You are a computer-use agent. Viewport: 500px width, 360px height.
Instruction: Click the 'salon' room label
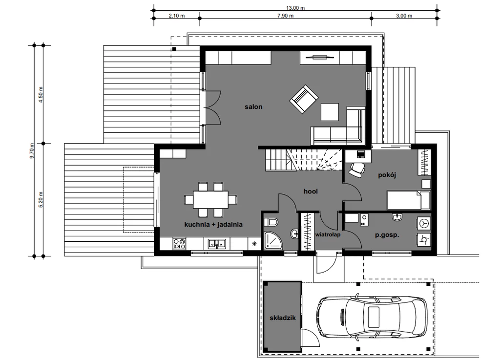tap(253, 107)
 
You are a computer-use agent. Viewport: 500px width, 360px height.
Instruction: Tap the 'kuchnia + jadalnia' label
tap(213, 225)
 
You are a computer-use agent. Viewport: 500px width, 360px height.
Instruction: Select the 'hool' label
tap(311, 191)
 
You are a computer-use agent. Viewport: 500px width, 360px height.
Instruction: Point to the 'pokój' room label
tap(387, 175)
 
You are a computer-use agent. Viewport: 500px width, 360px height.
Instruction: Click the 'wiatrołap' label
tap(328, 234)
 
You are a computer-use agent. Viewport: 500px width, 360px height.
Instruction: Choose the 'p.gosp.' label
tap(387, 235)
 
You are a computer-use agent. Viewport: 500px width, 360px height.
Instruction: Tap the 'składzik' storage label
tap(283, 318)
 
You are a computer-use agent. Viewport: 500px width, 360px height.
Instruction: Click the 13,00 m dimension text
tap(295, 8)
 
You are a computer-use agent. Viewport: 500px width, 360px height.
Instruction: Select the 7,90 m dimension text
tap(285, 16)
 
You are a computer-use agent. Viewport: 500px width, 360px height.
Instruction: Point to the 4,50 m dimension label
tap(41, 94)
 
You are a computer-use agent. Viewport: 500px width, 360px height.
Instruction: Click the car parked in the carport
tap(372, 317)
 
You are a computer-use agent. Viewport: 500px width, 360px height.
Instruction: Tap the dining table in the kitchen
tap(211, 200)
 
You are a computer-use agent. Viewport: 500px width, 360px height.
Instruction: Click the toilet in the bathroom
tap(271, 222)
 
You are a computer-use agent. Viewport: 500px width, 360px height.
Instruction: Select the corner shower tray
tap(273, 240)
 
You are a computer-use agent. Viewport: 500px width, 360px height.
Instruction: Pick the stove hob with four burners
tap(179, 244)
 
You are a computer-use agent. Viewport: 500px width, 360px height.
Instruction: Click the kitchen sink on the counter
tap(217, 244)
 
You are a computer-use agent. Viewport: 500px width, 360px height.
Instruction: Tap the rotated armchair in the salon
tap(304, 99)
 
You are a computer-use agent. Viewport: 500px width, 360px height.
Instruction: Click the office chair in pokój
tap(357, 169)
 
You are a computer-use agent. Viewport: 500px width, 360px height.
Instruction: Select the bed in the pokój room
tap(408, 200)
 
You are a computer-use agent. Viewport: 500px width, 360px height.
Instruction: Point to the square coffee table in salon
tap(330, 112)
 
